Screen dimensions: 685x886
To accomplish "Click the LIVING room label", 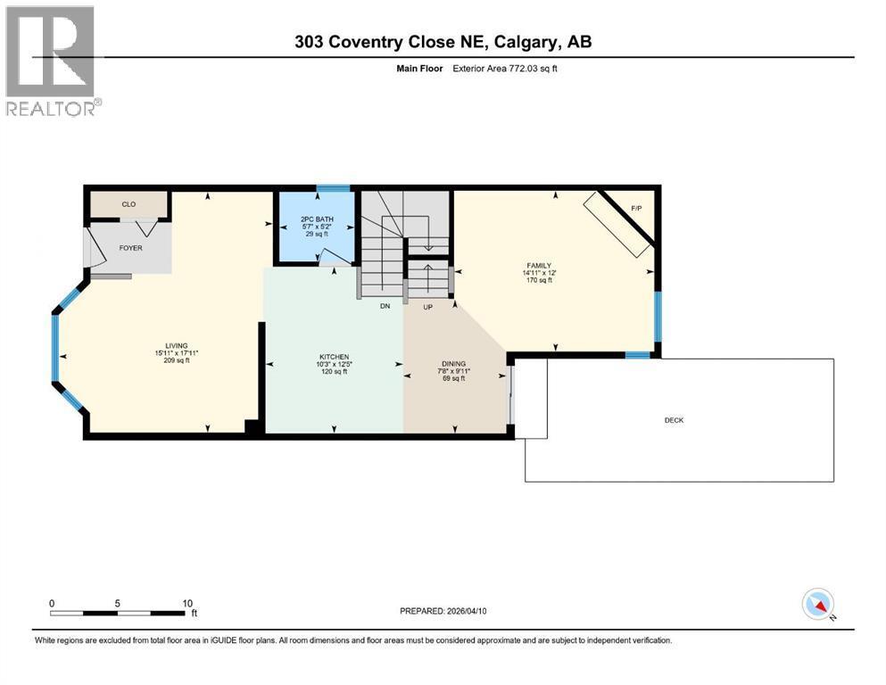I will (176, 345).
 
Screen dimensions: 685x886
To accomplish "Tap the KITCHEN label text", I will (334, 356).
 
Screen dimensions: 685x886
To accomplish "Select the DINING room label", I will (453, 363).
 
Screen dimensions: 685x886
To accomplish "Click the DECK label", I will (674, 420).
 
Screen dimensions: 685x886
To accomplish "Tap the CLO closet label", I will (129, 204).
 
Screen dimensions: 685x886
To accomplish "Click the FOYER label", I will (130, 247).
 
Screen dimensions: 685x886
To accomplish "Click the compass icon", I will (817, 604).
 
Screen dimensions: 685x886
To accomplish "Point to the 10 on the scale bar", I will (187, 603).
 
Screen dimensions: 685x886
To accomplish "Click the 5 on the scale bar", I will (118, 603).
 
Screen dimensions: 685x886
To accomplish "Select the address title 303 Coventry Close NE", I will (443, 41).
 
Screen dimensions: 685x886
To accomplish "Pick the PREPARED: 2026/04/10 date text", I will (443, 611).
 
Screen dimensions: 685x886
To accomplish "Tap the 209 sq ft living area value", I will (176, 361).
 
